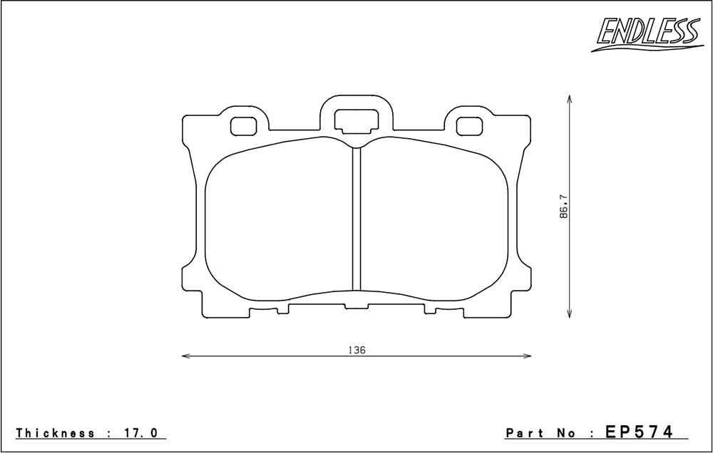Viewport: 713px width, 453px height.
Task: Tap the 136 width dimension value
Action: pos(357,350)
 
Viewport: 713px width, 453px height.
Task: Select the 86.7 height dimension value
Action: pos(564,207)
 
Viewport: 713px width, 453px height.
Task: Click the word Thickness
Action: pos(56,432)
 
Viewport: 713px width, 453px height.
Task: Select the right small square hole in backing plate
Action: pos(469,126)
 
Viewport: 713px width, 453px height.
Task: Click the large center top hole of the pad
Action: pos(356,120)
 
